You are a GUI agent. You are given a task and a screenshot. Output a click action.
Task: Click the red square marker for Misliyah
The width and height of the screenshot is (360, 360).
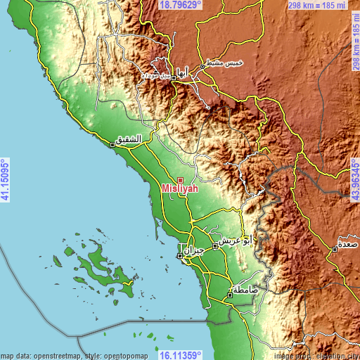point(180,180)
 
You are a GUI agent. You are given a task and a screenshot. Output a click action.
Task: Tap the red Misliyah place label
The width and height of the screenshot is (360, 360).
point(180,189)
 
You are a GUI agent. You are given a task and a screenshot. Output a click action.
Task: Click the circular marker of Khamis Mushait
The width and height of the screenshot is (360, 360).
point(202,67)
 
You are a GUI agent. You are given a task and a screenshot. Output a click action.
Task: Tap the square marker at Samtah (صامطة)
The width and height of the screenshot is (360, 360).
point(230,295)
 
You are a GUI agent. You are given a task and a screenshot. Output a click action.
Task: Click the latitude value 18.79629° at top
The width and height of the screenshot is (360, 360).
point(180,5)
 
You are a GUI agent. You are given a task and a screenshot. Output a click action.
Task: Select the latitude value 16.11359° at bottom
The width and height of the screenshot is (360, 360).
point(180,354)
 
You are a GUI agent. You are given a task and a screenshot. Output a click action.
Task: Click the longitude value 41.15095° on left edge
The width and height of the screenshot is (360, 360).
point(5,180)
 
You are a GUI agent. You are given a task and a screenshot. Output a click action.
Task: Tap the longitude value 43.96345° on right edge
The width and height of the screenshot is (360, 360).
point(354,180)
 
